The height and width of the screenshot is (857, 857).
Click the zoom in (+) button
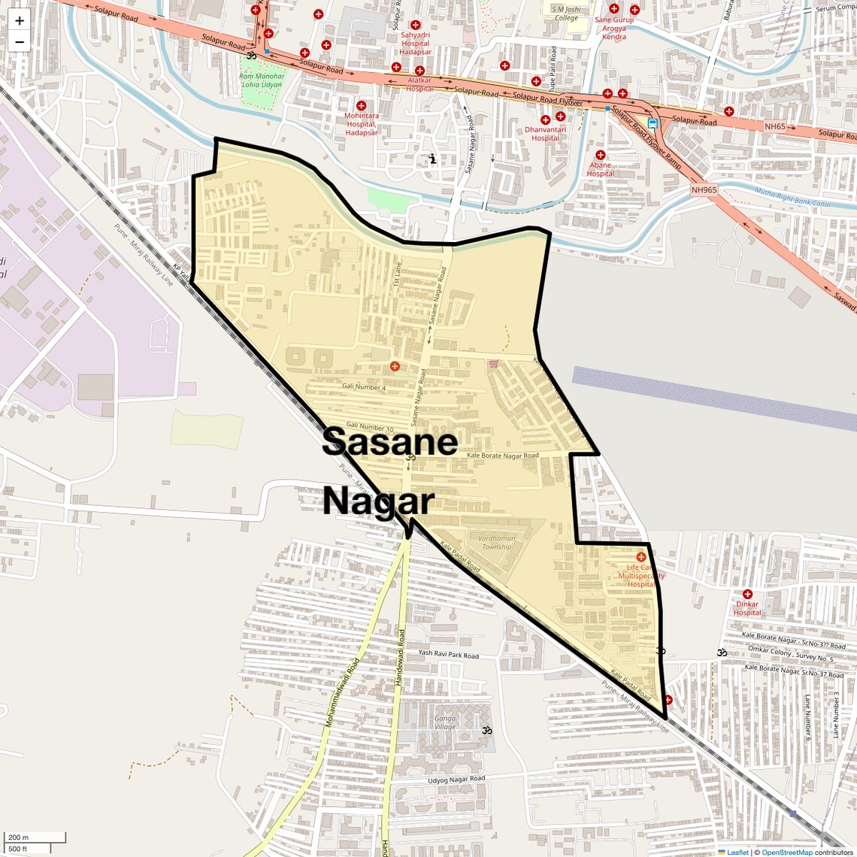[20, 21]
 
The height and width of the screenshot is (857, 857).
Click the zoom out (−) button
[20, 42]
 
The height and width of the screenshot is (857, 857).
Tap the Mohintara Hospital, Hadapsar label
[362, 124]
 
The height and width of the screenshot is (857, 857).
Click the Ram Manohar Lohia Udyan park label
[262, 80]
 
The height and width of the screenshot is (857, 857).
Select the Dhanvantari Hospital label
[546, 133]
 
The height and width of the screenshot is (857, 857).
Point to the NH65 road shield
[775, 126]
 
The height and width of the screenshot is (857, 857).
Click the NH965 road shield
[704, 189]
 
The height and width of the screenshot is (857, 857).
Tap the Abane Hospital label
[600, 169]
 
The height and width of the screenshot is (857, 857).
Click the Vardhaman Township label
[497, 542]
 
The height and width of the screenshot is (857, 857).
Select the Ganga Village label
[445, 722]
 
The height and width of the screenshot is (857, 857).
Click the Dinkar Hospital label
[747, 608]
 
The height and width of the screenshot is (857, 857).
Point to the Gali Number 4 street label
[364, 386]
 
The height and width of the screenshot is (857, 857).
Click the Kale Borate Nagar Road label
[503, 456]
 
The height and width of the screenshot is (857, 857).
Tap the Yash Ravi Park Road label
[449, 654]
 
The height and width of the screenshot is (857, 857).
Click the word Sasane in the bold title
[389, 442]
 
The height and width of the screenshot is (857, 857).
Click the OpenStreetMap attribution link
[786, 852]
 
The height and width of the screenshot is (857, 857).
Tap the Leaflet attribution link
[737, 852]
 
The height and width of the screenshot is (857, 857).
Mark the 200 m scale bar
[35, 837]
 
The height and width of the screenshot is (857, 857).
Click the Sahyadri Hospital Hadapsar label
[415, 44]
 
